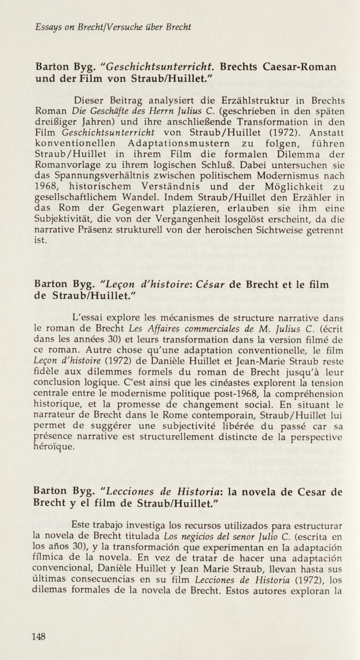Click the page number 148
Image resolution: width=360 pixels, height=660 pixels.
point(39,636)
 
